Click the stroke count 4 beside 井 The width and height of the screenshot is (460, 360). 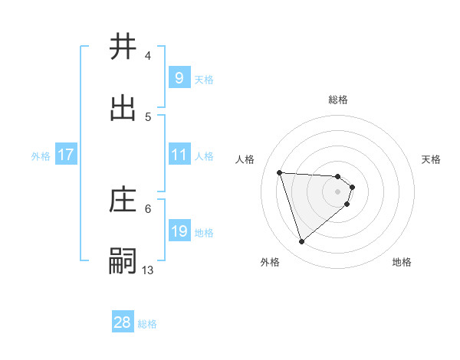(148, 56)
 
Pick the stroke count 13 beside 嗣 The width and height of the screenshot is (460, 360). (148, 270)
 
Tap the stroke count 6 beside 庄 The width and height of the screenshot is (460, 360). (148, 208)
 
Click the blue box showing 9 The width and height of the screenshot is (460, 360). (179, 78)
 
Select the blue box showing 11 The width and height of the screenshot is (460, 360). (179, 155)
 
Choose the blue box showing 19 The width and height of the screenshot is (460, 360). (179, 231)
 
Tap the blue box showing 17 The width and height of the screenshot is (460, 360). (65, 155)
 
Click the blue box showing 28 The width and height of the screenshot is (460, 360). (123, 322)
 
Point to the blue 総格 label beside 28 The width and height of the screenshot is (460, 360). (147, 324)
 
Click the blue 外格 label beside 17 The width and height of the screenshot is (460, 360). (41, 156)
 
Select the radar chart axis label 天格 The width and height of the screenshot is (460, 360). (431, 159)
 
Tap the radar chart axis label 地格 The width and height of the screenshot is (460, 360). (402, 262)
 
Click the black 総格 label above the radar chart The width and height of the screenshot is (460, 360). (338, 100)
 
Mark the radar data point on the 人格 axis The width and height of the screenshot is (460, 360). (280, 172)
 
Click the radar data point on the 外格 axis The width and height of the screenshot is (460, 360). (301, 242)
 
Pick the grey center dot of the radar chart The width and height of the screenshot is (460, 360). (338, 191)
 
